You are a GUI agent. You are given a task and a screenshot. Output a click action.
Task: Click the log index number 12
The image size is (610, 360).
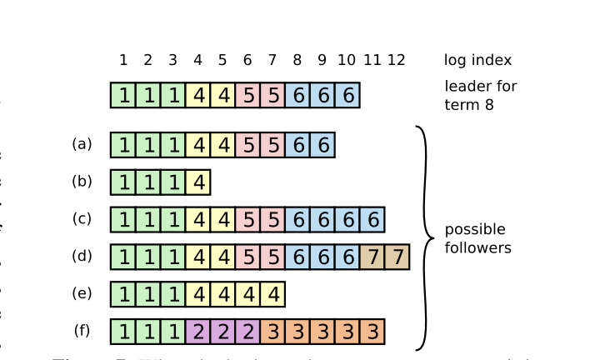pyautogui.click(x=397, y=60)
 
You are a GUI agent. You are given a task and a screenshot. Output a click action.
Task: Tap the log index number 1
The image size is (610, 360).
pyautogui.click(x=123, y=60)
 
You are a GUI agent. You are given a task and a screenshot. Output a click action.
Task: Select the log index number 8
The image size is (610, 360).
pyautogui.click(x=297, y=60)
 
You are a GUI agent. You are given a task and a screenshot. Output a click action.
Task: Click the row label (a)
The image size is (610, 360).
pyautogui.click(x=82, y=144)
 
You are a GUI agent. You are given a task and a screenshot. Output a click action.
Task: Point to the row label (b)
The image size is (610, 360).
pyautogui.click(x=82, y=182)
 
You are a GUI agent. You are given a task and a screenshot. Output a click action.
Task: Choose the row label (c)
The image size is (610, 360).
pyautogui.click(x=82, y=218)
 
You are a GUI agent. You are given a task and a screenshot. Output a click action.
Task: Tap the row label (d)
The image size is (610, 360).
pyautogui.click(x=82, y=256)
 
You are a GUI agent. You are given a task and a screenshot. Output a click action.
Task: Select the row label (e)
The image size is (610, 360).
pyautogui.click(x=82, y=293)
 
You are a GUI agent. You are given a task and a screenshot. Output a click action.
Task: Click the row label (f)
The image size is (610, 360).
pyautogui.click(x=82, y=331)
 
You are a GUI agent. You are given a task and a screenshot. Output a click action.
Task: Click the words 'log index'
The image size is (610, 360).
pyautogui.click(x=477, y=60)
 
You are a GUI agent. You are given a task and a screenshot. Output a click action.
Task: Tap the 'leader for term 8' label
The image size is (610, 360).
pyautogui.click(x=480, y=96)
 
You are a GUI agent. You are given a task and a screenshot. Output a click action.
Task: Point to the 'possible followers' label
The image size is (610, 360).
pyautogui.click(x=477, y=238)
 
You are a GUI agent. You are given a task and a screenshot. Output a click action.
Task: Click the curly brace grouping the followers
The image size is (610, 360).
pyautogui.click(x=426, y=237)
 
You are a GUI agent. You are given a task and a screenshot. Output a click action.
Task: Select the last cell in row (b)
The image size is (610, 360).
pyautogui.click(x=197, y=182)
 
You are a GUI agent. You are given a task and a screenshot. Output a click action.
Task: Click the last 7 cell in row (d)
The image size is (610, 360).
pyautogui.click(x=397, y=257)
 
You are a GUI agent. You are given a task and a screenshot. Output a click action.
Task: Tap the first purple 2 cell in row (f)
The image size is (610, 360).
pyautogui.click(x=197, y=332)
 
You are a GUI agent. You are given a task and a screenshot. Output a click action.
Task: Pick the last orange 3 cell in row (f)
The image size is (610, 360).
pyautogui.click(x=372, y=332)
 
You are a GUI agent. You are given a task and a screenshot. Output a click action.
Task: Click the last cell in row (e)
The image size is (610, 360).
pyautogui.click(x=272, y=295)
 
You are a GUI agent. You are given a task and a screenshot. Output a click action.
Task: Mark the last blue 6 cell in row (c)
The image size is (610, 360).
pyautogui.click(x=372, y=220)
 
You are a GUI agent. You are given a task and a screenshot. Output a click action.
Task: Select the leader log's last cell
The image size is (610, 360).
pyautogui.click(x=347, y=96)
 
